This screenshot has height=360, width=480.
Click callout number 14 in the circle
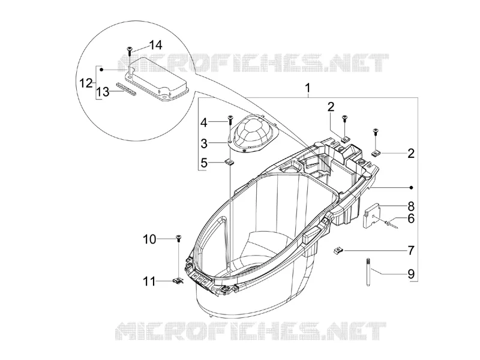155,45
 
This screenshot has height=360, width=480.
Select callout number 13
103,92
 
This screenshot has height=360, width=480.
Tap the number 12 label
86,83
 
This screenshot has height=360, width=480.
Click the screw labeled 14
130,51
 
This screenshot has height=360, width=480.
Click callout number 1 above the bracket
308,88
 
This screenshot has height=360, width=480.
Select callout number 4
204,123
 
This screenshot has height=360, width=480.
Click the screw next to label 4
230,119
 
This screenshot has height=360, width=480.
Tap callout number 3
204,143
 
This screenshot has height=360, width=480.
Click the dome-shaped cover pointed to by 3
253,134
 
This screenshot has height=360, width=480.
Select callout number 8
411,206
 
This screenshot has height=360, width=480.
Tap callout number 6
411,218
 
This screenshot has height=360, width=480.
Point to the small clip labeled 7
338,251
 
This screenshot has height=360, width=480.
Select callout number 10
149,239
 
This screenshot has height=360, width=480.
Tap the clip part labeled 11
178,280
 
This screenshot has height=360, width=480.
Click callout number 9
411,274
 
